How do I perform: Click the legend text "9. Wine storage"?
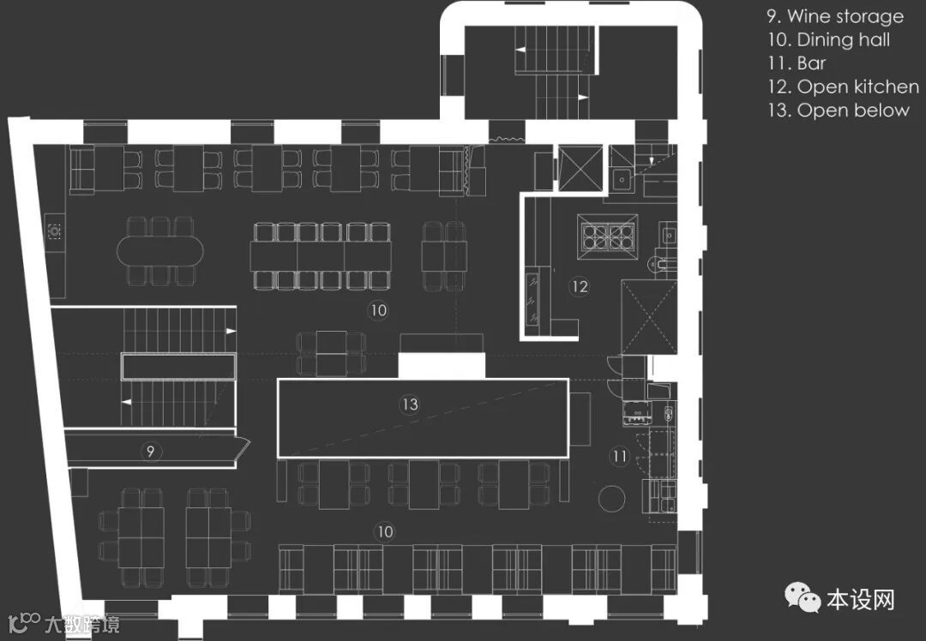click(x=835, y=16)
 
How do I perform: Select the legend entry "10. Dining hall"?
click(x=830, y=39)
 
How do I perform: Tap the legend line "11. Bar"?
click(x=797, y=63)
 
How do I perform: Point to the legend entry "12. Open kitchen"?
click(x=844, y=87)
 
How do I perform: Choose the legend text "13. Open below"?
click(x=838, y=110)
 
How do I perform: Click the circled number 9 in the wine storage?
click(x=150, y=451)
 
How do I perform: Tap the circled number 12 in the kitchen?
click(x=580, y=286)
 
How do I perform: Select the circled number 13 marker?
click(x=411, y=404)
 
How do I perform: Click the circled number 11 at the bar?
click(x=619, y=457)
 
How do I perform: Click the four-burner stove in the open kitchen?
click(x=606, y=233)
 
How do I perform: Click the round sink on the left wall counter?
click(x=55, y=229)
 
